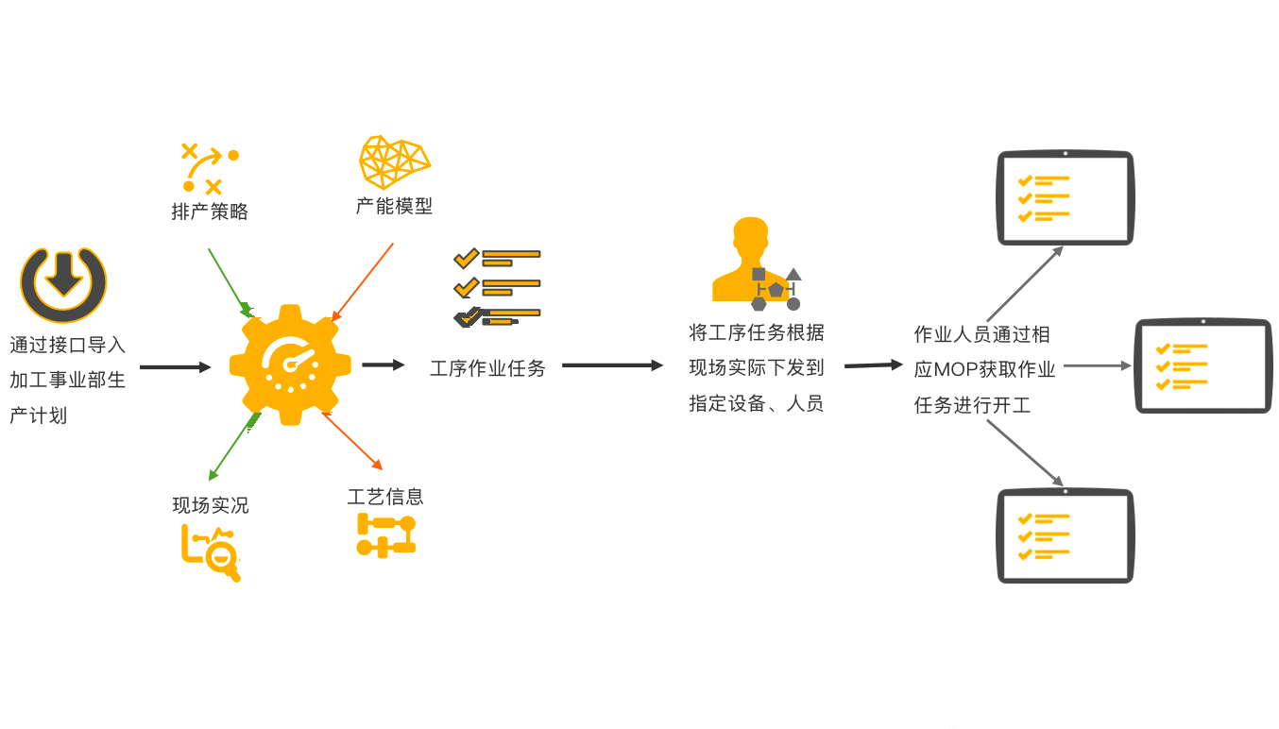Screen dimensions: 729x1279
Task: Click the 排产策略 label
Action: (x=210, y=212)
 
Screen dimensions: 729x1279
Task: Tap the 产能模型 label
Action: (x=394, y=206)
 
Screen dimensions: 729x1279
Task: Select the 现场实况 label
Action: (x=210, y=505)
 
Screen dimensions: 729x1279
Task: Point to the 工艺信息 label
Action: (x=385, y=497)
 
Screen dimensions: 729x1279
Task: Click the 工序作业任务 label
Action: (x=487, y=368)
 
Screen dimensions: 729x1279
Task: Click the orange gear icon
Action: (x=290, y=364)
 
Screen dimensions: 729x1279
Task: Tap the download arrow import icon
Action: (x=63, y=285)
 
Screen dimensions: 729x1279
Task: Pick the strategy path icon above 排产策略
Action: (x=210, y=168)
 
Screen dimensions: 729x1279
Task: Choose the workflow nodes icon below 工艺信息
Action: (x=385, y=534)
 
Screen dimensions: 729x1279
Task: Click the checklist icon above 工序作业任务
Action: (x=497, y=287)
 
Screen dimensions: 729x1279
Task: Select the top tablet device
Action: (x=1065, y=197)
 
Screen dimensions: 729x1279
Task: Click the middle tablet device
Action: (x=1202, y=365)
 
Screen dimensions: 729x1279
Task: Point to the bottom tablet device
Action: (x=1065, y=535)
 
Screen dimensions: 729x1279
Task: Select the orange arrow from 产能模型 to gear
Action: (x=363, y=280)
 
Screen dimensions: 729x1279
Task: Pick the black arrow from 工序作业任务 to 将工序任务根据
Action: (x=612, y=365)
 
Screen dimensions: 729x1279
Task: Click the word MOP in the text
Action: (x=954, y=369)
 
